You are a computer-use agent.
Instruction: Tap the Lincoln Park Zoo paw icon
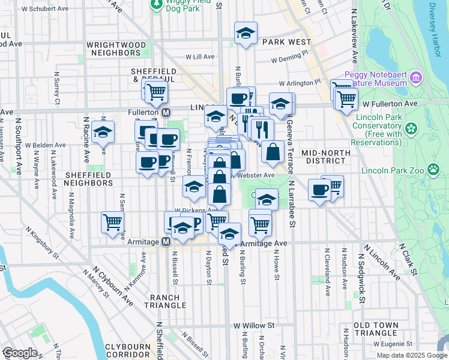click(433, 170)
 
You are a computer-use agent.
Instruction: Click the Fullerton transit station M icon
click(167, 112)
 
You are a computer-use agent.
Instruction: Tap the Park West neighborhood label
click(287, 42)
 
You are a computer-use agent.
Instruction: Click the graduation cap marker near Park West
click(245, 34)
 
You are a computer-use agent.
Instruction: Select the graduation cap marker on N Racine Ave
click(103, 131)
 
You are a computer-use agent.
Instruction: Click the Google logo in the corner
click(20, 353)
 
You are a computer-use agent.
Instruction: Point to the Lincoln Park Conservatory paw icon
click(411, 128)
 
